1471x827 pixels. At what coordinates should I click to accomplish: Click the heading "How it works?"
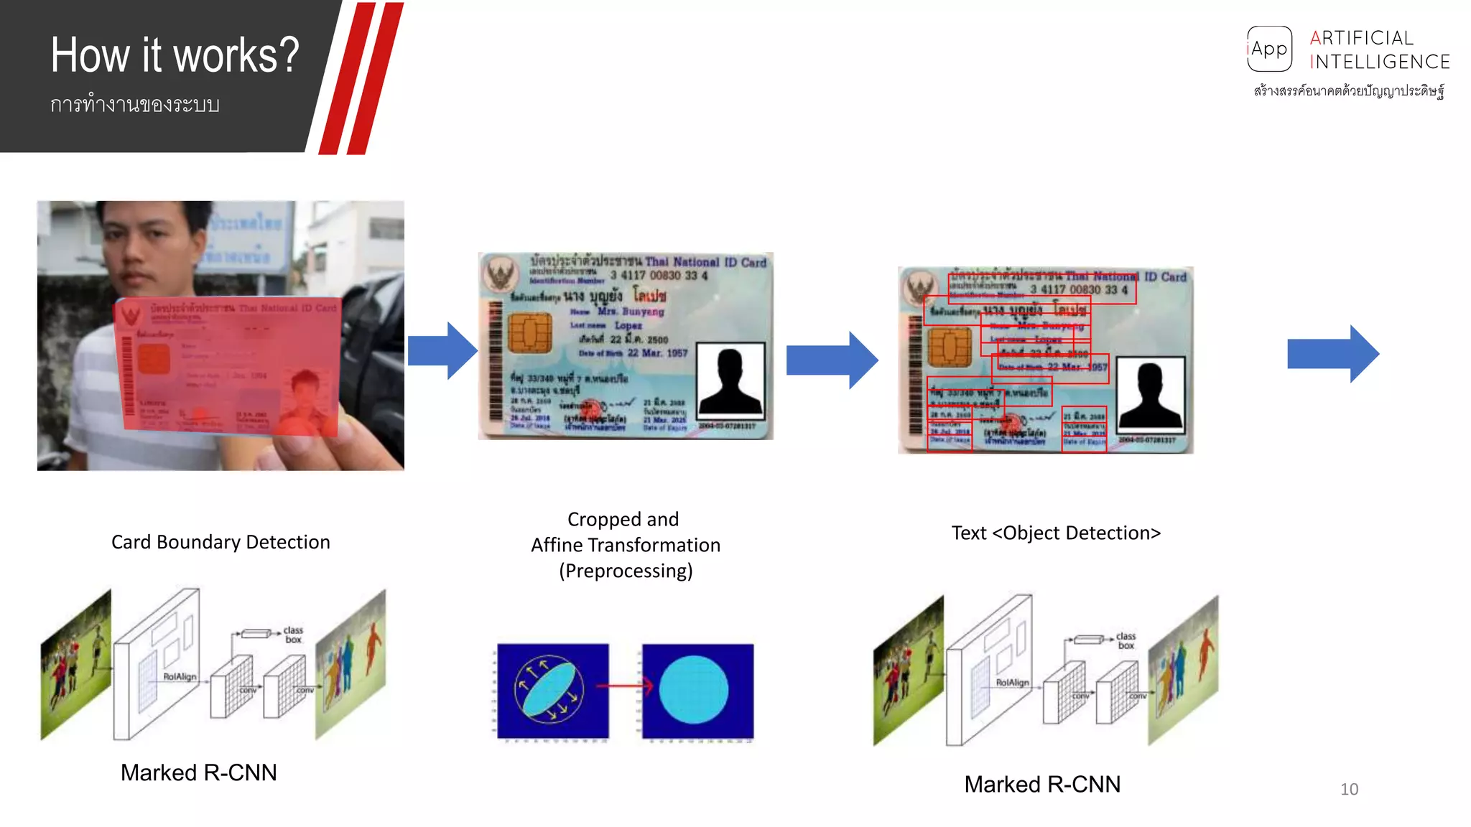[x=175, y=55]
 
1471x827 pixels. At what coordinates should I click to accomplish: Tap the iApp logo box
[x=1269, y=49]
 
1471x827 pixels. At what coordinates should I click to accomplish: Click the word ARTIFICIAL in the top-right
[x=1361, y=38]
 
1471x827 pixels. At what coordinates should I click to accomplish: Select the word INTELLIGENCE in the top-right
[x=1380, y=62]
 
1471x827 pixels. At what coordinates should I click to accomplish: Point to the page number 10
[x=1349, y=789]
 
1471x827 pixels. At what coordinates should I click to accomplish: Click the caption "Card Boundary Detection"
[x=221, y=542]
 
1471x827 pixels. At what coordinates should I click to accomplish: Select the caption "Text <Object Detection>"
[x=1056, y=533]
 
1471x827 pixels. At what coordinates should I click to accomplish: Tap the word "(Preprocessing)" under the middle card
[x=626, y=571]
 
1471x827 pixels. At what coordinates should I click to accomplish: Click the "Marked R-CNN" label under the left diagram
[x=198, y=772]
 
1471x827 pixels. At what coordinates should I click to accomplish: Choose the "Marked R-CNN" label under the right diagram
[x=1042, y=785]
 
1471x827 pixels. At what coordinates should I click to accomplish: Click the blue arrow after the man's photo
[x=442, y=351]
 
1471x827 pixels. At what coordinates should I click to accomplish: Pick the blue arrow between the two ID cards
[x=832, y=360]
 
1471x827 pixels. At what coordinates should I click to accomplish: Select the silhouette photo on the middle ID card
[x=730, y=380]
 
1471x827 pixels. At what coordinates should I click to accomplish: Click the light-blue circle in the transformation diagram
[x=694, y=690]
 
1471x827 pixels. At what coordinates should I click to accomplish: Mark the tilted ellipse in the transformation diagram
[x=549, y=689]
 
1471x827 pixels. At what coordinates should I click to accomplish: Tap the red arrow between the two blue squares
[x=624, y=686]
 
